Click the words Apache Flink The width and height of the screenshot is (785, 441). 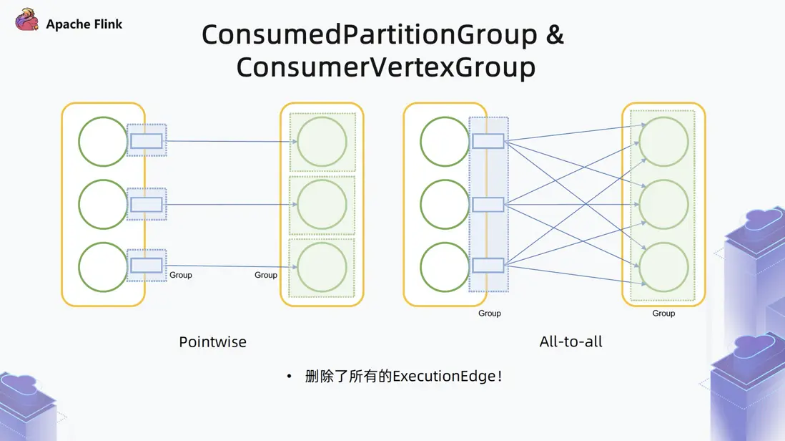pos(84,24)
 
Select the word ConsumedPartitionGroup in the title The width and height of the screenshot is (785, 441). pos(370,34)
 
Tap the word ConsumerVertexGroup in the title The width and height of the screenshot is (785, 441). pos(386,67)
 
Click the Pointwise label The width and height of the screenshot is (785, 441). pos(213,341)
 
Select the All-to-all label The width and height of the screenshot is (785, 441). pos(571,341)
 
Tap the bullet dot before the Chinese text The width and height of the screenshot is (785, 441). pos(289,377)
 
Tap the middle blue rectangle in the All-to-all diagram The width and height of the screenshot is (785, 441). pos(488,205)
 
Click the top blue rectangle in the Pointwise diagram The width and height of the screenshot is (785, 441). pos(147,141)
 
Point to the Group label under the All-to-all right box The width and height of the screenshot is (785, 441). pos(663,314)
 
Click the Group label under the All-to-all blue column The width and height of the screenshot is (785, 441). pos(490,314)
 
